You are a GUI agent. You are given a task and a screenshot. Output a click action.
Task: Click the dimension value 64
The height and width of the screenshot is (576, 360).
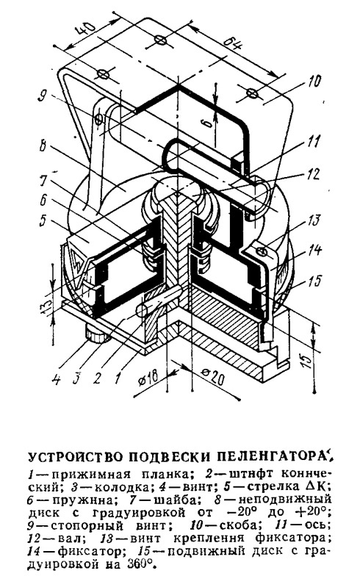coord(233,46)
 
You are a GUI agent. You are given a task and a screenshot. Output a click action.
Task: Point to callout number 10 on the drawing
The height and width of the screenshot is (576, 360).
coord(313,82)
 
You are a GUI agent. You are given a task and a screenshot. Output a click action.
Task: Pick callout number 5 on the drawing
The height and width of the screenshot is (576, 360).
coord(43,222)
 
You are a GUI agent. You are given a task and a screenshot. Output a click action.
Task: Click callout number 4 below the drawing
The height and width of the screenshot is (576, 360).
coord(56,378)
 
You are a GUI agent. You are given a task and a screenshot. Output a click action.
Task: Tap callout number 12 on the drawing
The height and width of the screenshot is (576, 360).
coord(312,173)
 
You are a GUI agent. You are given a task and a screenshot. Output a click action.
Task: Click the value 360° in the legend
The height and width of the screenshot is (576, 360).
coord(138,563)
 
